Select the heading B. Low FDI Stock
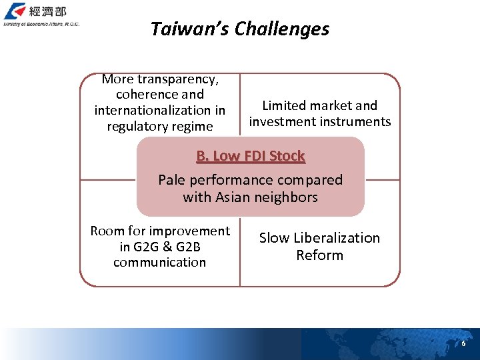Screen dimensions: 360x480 (x=250, y=156)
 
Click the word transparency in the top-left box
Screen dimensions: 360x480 (x=178, y=79)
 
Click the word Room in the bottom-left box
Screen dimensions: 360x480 (x=107, y=231)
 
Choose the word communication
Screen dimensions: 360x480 (x=159, y=262)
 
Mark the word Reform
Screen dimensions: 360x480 (x=319, y=255)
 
